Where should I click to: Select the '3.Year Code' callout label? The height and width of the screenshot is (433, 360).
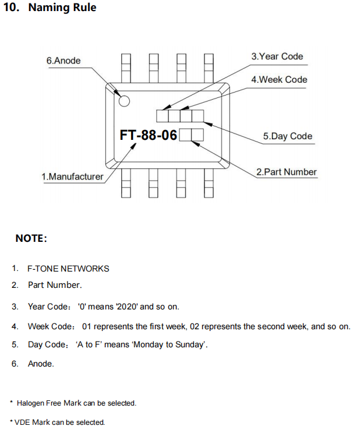[277, 57]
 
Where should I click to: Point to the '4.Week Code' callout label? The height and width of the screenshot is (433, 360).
[279, 79]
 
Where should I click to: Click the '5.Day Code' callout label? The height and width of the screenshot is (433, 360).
[287, 136]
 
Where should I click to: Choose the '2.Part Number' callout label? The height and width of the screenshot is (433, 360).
[287, 172]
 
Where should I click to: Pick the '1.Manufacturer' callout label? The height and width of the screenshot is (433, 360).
[72, 177]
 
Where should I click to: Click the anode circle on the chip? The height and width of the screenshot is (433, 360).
[124, 100]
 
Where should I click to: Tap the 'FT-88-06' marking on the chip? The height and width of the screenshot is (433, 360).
[148, 135]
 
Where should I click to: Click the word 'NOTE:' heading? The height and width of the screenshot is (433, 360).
[31, 239]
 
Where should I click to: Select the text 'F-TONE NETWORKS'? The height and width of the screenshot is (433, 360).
[68, 269]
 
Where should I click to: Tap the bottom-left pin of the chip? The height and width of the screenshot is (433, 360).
[126, 184]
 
